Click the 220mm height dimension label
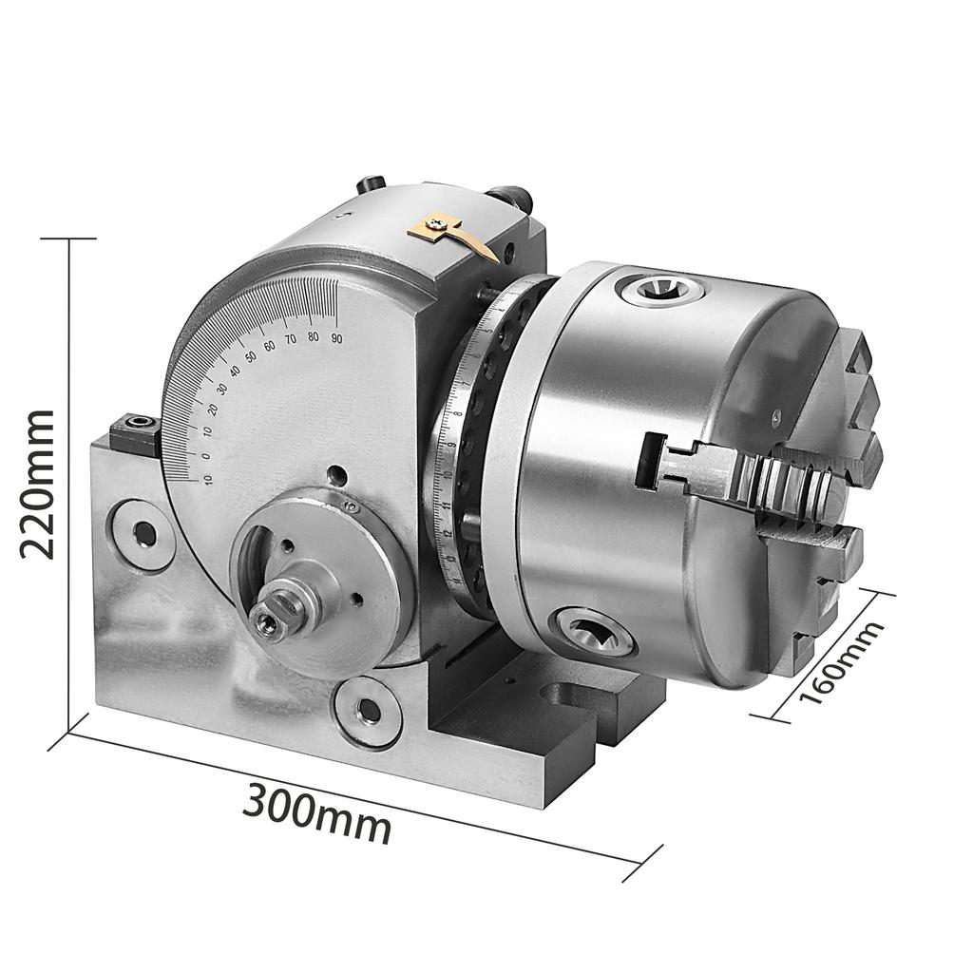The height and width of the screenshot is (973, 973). click(x=38, y=484)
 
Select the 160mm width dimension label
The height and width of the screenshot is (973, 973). click(x=840, y=661)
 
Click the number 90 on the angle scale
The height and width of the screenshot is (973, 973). click(x=336, y=337)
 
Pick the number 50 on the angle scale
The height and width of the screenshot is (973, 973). click(x=251, y=356)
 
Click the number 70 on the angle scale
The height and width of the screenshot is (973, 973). click(x=292, y=341)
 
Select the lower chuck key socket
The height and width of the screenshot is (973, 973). click(x=592, y=631)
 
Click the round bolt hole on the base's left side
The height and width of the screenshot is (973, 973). click(x=144, y=534)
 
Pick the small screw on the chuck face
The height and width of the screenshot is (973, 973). click(x=776, y=415)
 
